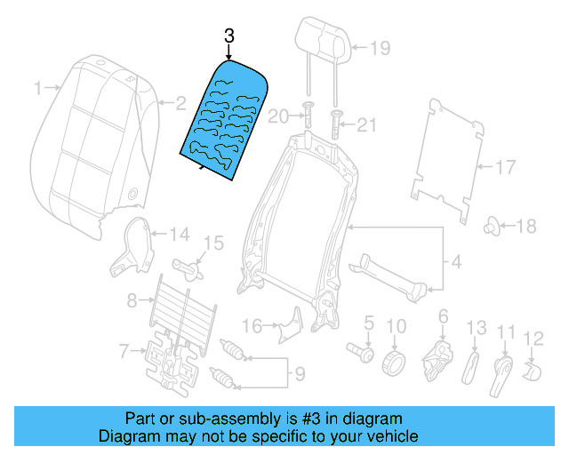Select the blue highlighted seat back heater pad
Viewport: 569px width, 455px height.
pos(227,120)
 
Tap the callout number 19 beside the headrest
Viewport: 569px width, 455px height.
pos(380,49)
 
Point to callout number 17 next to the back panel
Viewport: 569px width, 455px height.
pos(505,166)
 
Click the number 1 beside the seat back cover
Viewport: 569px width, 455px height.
pos(37,87)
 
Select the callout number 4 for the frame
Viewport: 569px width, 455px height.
pos(456,262)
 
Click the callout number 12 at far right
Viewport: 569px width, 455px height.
pos(533,337)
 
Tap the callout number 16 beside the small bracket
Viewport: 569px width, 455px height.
pos(252,326)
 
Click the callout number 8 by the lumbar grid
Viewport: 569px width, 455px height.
pos(131,300)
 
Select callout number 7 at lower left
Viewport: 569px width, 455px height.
pos(124,352)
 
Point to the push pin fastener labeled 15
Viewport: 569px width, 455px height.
pos(189,263)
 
